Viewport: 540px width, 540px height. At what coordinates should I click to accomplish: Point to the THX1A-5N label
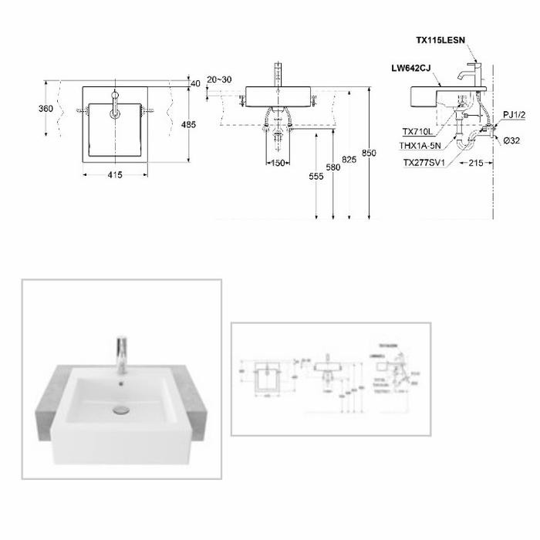pos(420,145)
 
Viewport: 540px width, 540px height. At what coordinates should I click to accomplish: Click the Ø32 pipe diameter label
pos(510,140)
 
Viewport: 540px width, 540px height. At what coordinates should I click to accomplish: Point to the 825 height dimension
pos(350,159)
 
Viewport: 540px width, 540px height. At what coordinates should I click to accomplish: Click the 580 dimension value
pos(333,167)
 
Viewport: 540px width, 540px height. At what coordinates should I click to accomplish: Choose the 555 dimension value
pos(316,177)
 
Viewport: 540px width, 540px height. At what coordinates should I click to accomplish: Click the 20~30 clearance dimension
pos(218,80)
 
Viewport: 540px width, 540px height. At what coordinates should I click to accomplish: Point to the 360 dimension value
pos(46,109)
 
